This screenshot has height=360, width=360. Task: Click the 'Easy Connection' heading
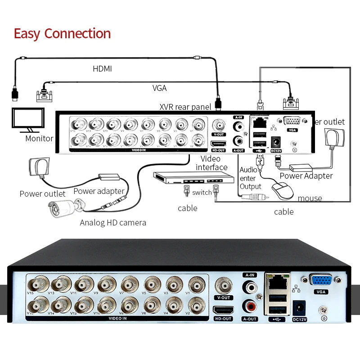point(62,33)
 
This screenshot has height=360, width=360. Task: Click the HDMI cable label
point(102,69)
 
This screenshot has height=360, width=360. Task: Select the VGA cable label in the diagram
point(159,88)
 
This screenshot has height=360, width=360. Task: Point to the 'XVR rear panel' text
point(185,107)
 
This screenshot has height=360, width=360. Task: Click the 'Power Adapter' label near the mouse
point(306,176)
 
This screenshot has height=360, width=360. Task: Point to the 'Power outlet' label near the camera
point(43,194)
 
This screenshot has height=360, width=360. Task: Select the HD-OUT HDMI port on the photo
point(223,310)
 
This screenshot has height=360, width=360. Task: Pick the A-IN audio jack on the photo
point(250,286)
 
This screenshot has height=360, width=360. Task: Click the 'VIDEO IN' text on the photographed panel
point(118,318)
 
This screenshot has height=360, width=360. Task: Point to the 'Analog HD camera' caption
point(113,223)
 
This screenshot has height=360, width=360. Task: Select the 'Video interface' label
point(211,163)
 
